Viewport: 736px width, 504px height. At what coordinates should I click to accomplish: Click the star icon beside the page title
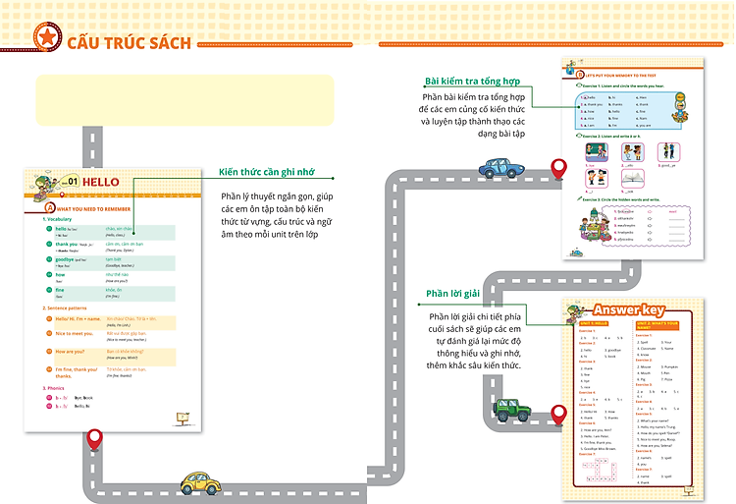[x=45, y=37]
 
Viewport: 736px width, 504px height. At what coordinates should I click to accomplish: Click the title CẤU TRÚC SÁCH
[x=129, y=40]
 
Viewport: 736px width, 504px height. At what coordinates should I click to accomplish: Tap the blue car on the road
[x=501, y=168]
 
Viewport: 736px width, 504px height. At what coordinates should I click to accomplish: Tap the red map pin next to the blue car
[x=559, y=169]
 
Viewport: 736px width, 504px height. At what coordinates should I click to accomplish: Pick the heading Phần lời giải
[x=452, y=294]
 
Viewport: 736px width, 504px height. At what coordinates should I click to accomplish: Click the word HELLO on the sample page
[x=101, y=182]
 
